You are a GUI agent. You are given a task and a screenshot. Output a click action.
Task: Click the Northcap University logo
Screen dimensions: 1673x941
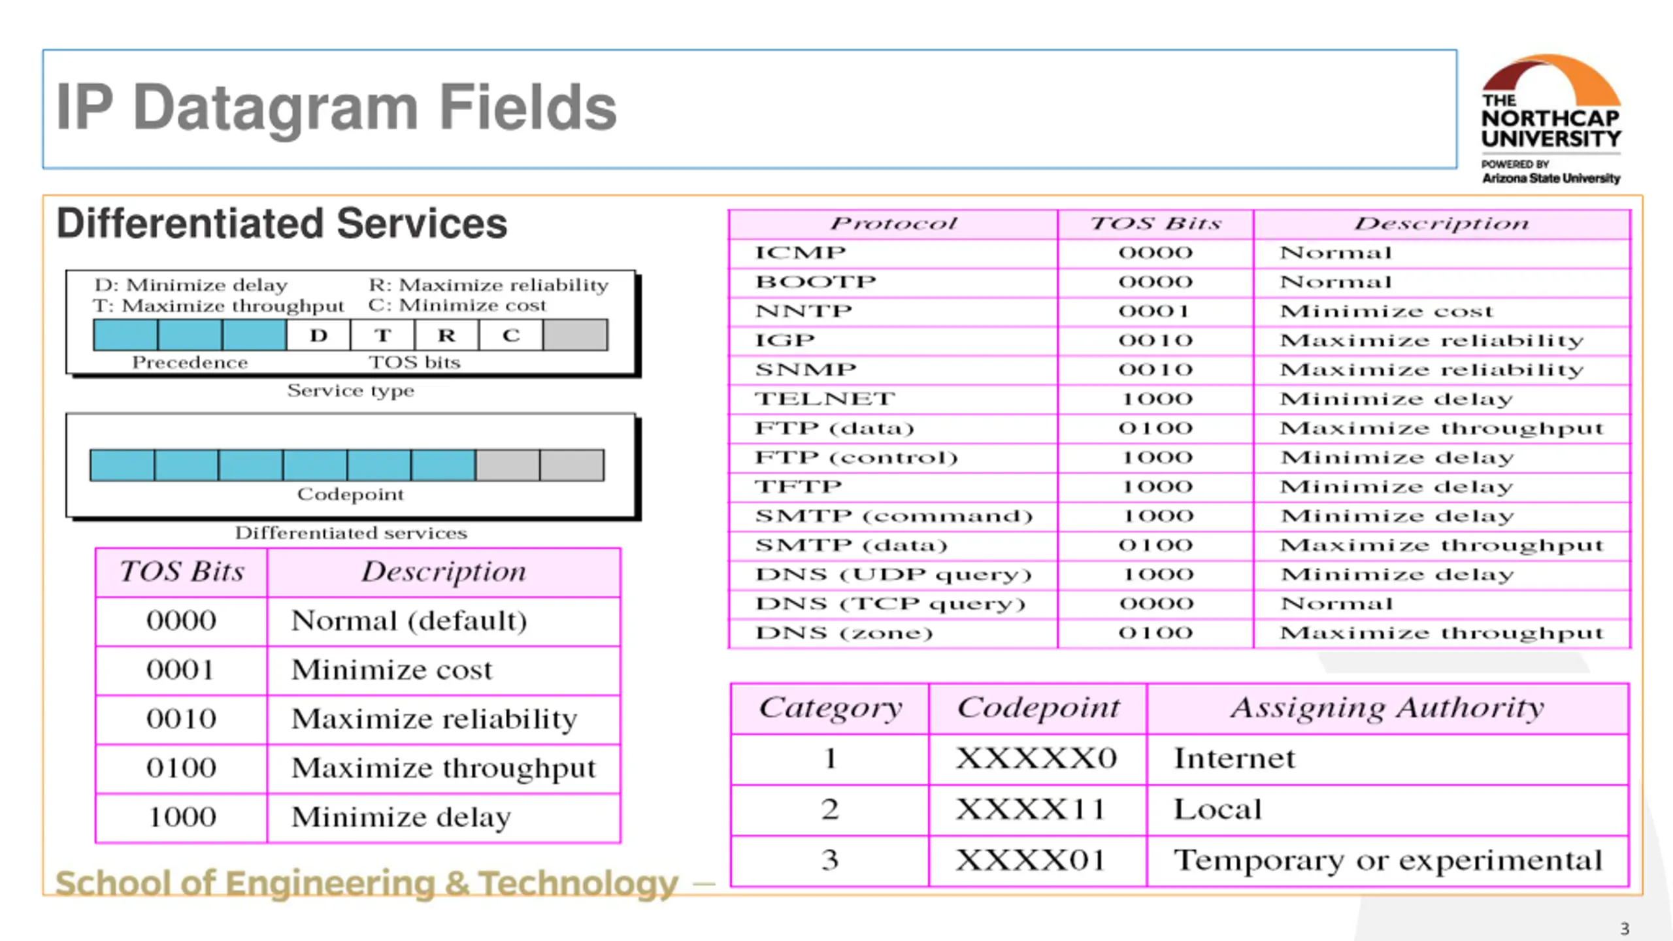(1551, 120)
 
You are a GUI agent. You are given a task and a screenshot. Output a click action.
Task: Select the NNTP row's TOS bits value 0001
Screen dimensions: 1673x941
(1155, 311)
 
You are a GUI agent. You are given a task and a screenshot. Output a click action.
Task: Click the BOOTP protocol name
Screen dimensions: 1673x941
(816, 282)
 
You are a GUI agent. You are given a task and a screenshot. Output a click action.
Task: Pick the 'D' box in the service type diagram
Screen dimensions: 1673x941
(319, 335)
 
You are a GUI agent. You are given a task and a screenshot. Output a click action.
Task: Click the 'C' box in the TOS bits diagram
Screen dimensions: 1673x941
(511, 335)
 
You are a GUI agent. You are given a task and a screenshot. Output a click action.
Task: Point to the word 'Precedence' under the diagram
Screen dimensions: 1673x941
(190, 363)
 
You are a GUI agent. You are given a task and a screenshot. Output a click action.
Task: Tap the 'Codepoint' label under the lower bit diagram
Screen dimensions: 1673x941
(351, 494)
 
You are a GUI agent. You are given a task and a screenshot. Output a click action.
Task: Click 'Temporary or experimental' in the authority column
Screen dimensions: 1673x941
(1388, 861)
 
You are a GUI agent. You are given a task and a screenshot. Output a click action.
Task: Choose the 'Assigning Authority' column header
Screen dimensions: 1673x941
(1387, 708)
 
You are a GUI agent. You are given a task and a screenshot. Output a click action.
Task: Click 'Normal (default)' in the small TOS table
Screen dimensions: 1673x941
(409, 621)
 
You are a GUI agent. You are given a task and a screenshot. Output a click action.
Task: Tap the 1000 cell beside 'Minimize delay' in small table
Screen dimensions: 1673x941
(182, 817)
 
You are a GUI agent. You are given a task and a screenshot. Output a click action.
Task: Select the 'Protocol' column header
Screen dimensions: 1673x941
(893, 223)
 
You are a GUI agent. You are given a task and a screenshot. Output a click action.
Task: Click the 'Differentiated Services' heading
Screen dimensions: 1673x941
(282, 223)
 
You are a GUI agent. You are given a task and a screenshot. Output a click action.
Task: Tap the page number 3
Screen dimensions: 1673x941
(1625, 929)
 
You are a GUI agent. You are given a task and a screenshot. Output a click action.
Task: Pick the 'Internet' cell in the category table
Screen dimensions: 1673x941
(1234, 759)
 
